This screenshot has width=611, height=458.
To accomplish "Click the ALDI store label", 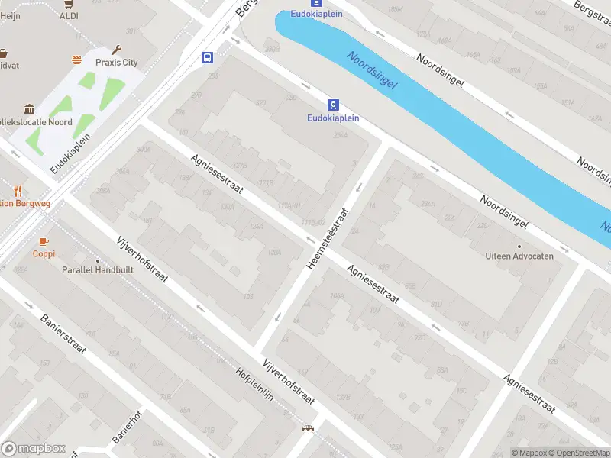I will click(69, 15).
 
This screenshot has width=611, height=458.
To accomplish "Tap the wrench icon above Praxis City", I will click(117, 50).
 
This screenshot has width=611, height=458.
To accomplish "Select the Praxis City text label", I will click(116, 63).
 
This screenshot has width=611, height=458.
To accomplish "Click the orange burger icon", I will click(76, 60).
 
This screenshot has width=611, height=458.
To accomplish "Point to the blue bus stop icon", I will click(207, 57).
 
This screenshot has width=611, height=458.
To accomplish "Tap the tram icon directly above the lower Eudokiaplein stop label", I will click(333, 105).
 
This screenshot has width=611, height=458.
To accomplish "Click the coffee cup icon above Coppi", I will click(44, 241).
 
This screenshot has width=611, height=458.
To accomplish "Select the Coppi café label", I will click(44, 254).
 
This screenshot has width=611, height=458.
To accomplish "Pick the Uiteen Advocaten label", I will click(519, 256).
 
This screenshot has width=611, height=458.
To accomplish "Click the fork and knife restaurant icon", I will click(18, 190).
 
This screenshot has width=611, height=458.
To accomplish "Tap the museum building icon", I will click(29, 109).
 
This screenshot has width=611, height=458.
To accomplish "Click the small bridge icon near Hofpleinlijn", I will click(309, 430).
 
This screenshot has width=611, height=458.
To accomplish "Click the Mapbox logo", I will click(34, 449).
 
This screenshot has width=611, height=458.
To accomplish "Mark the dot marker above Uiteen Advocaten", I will click(519, 246).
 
